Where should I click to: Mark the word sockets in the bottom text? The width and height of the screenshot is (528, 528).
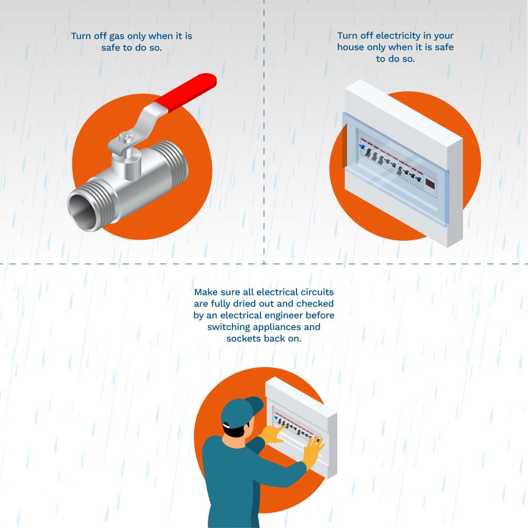tap(244, 339)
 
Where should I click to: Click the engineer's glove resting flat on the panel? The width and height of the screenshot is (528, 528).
tap(312, 450)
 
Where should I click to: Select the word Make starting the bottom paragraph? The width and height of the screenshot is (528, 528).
tap(205, 292)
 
